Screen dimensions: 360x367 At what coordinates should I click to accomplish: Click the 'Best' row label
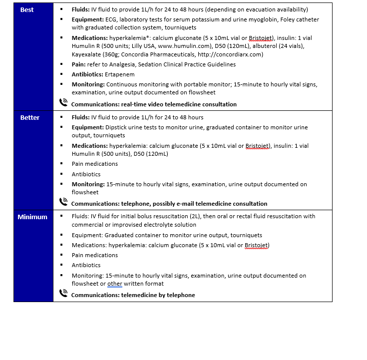(27, 10)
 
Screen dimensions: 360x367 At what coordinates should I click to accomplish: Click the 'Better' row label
(29, 118)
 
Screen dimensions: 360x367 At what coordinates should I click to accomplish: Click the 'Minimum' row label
(32, 217)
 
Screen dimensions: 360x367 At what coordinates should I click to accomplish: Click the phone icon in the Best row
(63, 102)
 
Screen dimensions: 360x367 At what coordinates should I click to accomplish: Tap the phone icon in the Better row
(63, 202)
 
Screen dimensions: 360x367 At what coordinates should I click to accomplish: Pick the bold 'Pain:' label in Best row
(80, 64)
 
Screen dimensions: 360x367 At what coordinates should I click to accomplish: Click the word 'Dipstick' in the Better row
(117, 127)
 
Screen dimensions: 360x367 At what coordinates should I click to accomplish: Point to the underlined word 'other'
(115, 284)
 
